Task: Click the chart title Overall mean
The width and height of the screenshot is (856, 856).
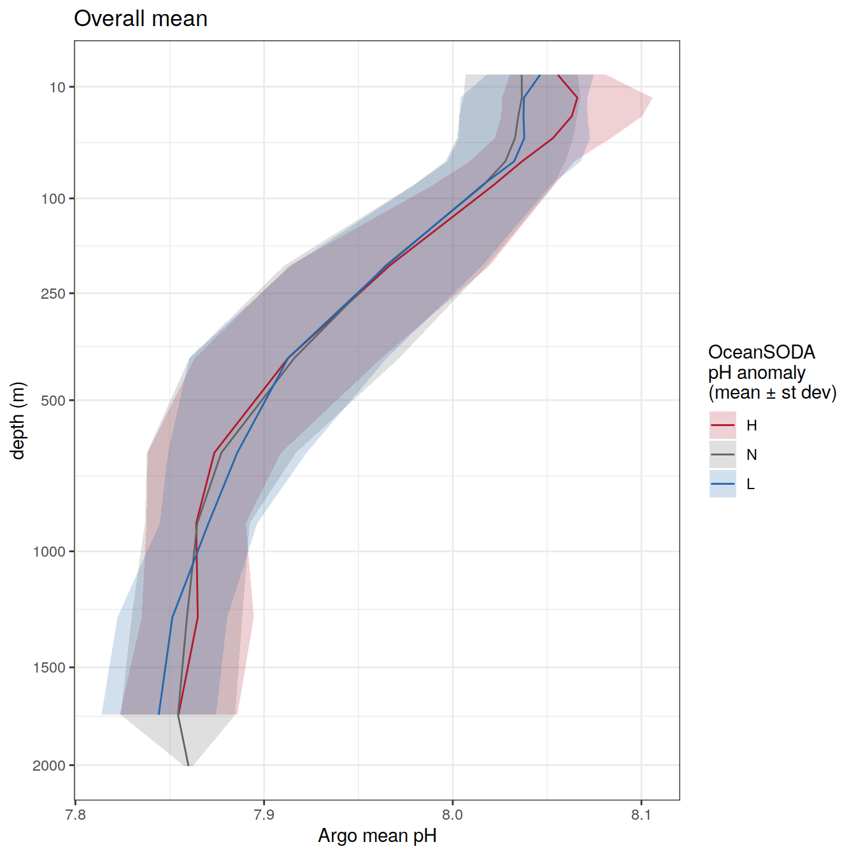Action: [x=141, y=19]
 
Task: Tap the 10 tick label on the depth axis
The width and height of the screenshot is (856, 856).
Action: [x=57, y=87]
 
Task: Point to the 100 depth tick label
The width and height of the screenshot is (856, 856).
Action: [x=53, y=199]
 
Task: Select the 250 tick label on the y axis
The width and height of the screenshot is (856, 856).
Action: [x=53, y=294]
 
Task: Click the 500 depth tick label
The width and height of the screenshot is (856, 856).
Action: [x=53, y=401]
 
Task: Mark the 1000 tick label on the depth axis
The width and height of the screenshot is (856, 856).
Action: [x=50, y=552]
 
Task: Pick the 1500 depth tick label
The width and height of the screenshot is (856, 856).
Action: [x=50, y=667]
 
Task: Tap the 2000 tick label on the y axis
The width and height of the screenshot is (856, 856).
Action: [x=50, y=766]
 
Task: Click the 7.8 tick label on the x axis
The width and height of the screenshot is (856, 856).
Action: [x=75, y=816]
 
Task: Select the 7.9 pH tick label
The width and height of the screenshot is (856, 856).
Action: [x=264, y=816]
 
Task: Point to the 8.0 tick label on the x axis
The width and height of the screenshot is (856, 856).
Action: [x=452, y=816]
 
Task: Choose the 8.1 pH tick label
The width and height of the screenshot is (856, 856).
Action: [x=641, y=816]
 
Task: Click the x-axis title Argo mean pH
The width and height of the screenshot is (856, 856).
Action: [x=377, y=836]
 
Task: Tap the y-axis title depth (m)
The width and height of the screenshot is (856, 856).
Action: [x=18, y=420]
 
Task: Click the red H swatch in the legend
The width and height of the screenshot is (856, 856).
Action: [x=722, y=425]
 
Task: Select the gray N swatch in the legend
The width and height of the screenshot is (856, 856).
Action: [x=722, y=455]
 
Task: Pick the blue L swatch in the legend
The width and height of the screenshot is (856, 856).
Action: [x=722, y=484]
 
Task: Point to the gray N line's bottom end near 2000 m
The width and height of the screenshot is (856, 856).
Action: [x=188, y=765]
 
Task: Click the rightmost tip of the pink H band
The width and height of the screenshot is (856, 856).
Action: [x=652, y=98]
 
